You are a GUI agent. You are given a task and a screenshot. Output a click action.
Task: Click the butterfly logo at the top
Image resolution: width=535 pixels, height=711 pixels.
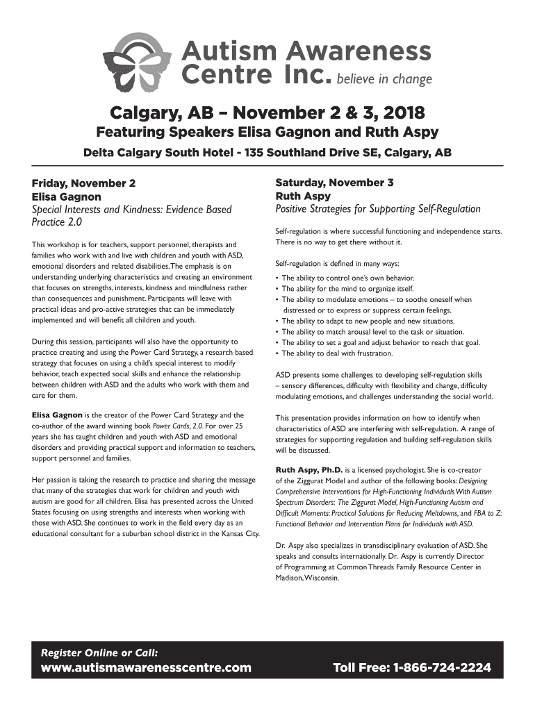tap(141, 62)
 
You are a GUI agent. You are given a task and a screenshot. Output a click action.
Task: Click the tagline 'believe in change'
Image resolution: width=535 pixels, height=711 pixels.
tap(384, 79)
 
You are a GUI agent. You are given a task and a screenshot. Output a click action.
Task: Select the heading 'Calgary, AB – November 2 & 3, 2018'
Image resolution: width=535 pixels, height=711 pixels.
tap(267, 112)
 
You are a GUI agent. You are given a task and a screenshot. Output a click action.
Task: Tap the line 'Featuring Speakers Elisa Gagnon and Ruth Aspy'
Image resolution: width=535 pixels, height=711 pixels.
tap(267, 133)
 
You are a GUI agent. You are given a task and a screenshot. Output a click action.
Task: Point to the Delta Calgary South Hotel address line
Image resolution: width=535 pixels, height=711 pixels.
tap(267, 153)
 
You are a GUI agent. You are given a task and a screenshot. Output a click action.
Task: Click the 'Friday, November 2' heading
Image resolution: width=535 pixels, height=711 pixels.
tap(83, 184)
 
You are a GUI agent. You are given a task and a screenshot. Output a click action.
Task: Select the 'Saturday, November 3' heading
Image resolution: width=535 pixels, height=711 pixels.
tap(334, 183)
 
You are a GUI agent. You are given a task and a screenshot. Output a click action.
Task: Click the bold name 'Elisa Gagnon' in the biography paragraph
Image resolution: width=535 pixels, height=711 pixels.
tap(57, 415)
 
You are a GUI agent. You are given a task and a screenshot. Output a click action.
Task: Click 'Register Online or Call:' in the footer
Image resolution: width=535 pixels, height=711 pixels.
tap(99, 653)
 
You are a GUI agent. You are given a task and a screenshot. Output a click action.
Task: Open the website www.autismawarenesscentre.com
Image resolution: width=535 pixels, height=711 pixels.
tap(146, 669)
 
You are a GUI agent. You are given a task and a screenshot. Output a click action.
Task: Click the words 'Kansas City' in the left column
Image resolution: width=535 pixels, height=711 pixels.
tap(238, 533)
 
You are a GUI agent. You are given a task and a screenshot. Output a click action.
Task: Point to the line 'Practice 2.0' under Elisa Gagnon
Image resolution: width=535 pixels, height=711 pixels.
tap(57, 223)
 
